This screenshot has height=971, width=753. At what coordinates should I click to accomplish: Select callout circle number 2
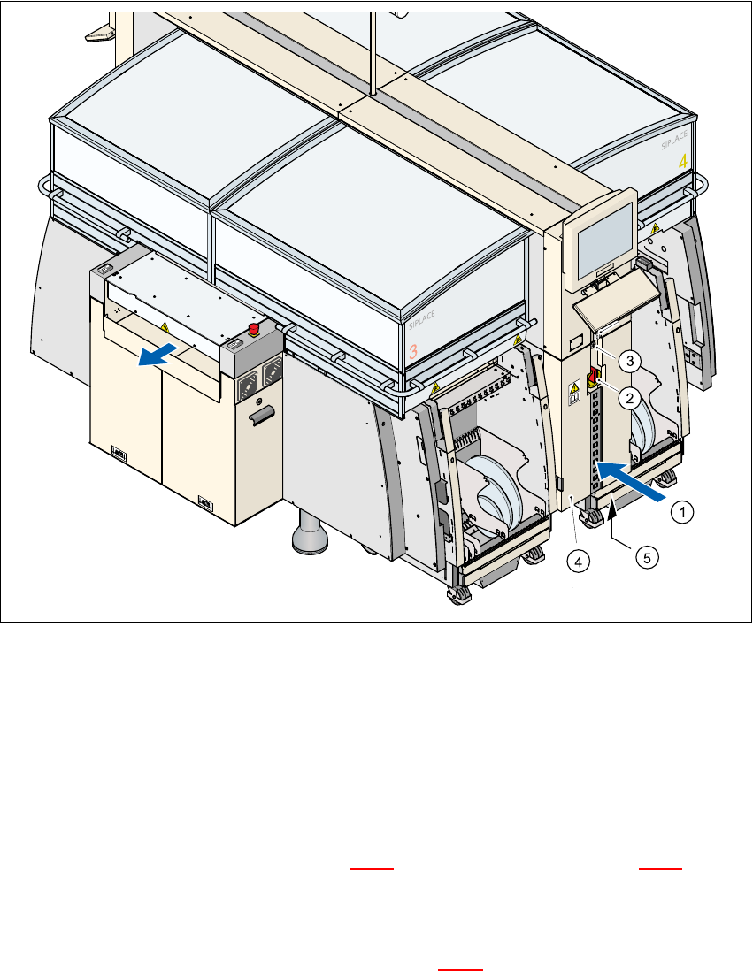pyautogui.click(x=629, y=398)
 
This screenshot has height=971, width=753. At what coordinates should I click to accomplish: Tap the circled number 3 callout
pyautogui.click(x=629, y=360)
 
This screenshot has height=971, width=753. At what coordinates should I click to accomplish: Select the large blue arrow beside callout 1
pyautogui.click(x=631, y=482)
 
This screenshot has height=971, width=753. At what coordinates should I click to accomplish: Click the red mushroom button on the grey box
pyautogui.click(x=254, y=330)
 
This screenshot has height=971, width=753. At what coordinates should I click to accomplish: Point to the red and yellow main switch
pyautogui.click(x=595, y=378)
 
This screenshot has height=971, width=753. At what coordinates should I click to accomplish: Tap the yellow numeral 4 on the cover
pyautogui.click(x=682, y=163)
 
